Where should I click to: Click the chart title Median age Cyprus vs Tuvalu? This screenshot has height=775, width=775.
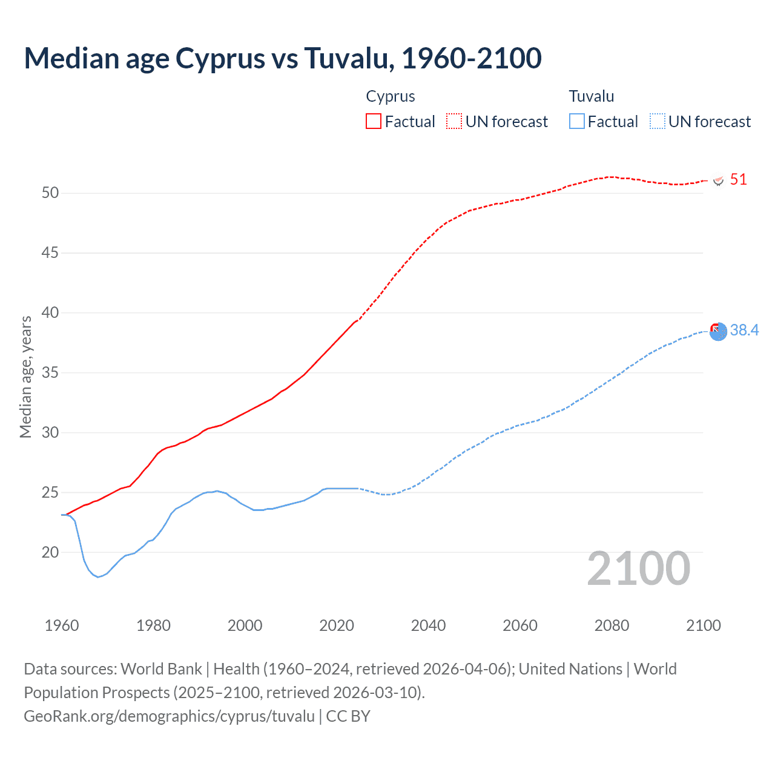pos(282,59)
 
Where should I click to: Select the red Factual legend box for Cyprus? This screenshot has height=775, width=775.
pos(374,122)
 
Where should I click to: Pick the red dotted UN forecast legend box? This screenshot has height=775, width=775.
pos(454,122)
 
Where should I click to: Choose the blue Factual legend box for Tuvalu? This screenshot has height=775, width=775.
pos(576,122)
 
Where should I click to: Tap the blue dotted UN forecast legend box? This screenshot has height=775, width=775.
pos(657,122)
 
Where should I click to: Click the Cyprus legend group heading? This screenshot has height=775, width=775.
pos(391,96)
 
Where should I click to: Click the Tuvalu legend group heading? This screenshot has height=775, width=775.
pos(591,96)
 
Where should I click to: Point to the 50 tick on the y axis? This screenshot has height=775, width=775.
pos(50,193)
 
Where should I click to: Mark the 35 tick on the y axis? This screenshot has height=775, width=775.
pos(50,373)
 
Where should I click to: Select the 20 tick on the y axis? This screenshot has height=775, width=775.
pos(50,552)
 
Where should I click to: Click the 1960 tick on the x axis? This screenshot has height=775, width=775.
pos(62,625)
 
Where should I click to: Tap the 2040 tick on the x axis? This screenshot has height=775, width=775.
pos(428,625)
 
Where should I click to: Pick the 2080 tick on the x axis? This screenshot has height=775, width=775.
pos(612,625)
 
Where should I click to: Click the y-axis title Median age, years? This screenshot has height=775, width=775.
pos(25,377)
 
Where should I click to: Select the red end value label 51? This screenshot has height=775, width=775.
pos(738,180)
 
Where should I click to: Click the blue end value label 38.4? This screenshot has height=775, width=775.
pos(744,330)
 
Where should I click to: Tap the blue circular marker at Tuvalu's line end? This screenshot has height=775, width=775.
pos(718,332)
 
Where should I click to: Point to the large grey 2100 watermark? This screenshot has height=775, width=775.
pos(638,569)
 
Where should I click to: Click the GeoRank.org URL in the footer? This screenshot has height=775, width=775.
pos(169,716)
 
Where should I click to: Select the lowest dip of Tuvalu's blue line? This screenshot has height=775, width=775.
pos(98,576)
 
